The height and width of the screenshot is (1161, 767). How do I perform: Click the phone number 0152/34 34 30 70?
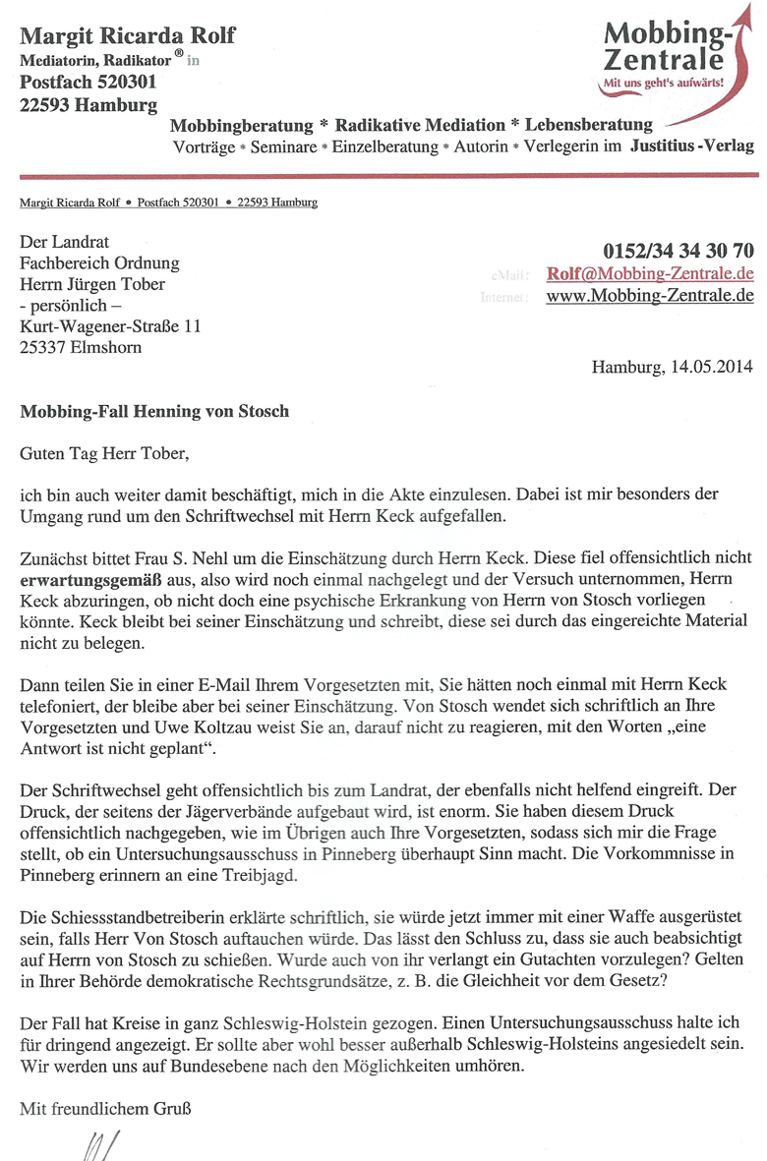pos(678,250)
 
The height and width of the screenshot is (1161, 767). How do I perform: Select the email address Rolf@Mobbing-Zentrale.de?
pos(650,273)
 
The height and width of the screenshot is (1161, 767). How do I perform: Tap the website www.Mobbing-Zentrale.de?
pos(650,295)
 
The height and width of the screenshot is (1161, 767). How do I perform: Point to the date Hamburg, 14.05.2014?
pos(672,368)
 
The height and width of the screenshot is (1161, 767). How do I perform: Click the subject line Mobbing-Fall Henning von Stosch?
pos(154,411)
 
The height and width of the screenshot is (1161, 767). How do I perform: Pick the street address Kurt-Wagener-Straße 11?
pos(110,326)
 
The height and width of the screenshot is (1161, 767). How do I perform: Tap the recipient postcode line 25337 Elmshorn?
pos(80,347)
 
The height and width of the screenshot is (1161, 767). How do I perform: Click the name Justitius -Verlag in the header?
pos(692,146)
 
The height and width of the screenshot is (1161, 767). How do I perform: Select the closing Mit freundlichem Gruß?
pos(105,1110)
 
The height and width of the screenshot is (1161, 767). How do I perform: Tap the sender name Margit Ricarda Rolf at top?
pos(128,37)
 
